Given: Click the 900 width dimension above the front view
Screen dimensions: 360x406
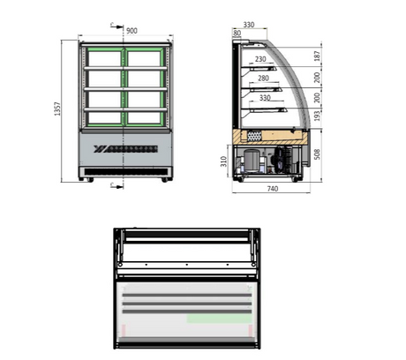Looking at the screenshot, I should click(131, 31).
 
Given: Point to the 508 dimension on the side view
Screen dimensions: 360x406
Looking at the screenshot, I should click(318, 154).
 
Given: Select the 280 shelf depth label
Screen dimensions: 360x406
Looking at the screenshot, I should click(263, 79).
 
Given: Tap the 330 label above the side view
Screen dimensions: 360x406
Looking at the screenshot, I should click(249, 26).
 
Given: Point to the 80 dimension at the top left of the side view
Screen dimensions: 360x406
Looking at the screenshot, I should click(237, 34).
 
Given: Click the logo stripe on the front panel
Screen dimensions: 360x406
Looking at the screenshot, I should click(125, 146).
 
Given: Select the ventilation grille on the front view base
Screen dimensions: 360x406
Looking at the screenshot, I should click(125, 168).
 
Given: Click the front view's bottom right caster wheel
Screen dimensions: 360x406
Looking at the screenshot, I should click(165, 179).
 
